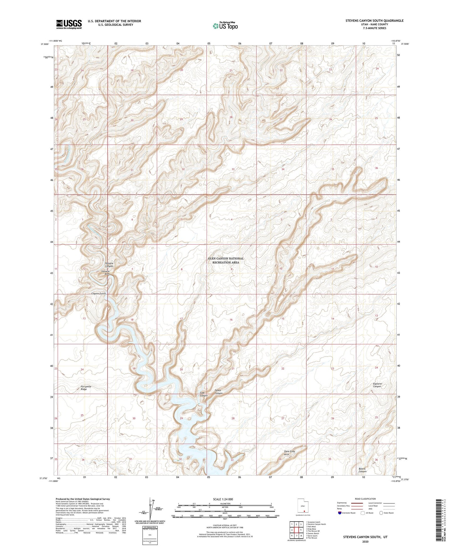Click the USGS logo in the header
[69, 24]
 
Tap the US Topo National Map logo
[225, 26]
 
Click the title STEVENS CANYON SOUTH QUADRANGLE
[374, 21]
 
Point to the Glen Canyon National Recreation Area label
[225, 261]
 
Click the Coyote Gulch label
[98, 293]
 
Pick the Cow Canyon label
[204, 394]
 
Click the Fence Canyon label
[219, 392]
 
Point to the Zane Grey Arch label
[289, 453]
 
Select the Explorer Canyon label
[377, 385]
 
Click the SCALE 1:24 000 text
[223, 499]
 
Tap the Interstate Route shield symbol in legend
[340, 513]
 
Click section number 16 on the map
[231, 320]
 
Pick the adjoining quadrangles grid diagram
[296, 529]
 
